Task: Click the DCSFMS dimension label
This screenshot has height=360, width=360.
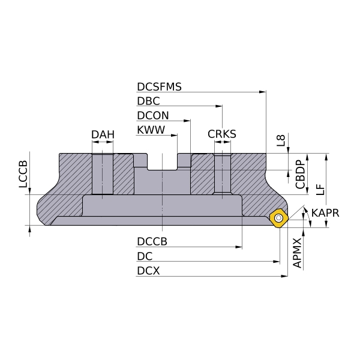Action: tap(159, 86)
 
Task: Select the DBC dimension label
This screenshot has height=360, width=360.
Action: tap(148, 101)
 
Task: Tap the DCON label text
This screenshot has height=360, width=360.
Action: tap(152, 116)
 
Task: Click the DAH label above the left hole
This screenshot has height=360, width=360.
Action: tap(103, 134)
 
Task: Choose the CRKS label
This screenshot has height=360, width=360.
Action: tap(222, 134)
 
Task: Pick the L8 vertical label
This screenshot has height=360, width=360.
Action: tap(281, 140)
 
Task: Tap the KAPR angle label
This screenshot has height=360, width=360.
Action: tap(325, 213)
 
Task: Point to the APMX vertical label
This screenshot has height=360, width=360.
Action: tap(297, 253)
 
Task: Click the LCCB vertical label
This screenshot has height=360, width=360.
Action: tap(23, 175)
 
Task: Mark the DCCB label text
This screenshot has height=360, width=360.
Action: tap(152, 242)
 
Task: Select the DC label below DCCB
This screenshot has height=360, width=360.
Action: tap(145, 256)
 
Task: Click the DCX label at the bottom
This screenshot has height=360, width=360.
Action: tap(148, 271)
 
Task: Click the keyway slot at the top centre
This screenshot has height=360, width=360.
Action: tap(163, 162)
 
